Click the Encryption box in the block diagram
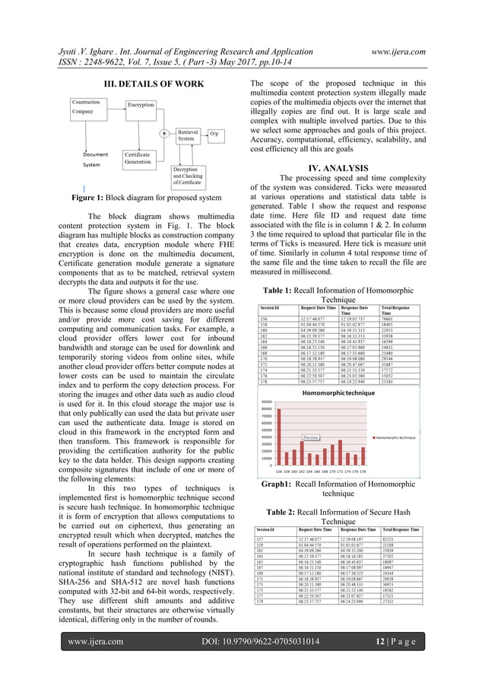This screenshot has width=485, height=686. pyautogui.click(x=141, y=104)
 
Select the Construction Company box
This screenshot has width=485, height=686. pyautogui.click(x=91, y=106)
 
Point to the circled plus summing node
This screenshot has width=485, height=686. pyautogui.click(x=164, y=133)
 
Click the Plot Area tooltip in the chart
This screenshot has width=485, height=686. pyautogui.click(x=310, y=438)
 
